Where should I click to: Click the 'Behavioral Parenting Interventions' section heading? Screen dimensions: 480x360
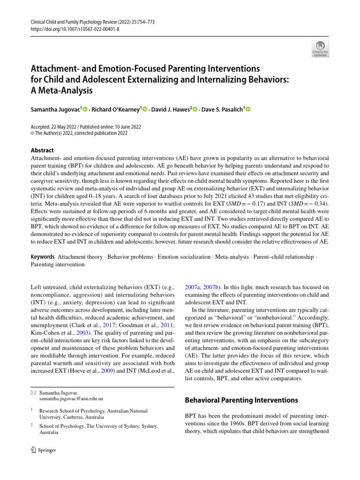tap(241, 400)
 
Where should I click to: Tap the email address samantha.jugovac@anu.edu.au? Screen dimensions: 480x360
tap(71, 398)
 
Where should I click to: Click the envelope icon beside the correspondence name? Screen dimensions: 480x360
tap(33, 391)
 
